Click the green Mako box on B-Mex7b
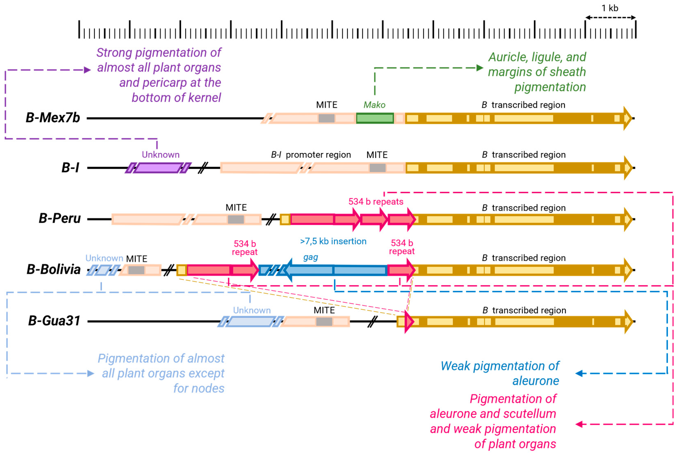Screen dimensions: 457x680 [375, 118]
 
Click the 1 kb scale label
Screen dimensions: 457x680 [610, 8]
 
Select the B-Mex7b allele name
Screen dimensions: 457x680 [53, 118]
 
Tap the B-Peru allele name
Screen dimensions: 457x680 [60, 218]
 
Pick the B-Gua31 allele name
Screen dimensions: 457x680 [54, 321]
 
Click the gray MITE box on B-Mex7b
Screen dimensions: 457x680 [327, 118]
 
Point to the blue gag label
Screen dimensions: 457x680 [310, 257]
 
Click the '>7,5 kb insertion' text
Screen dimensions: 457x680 [333, 241]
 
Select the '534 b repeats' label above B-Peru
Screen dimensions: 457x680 [376, 202]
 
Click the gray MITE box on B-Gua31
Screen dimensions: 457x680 [324, 322]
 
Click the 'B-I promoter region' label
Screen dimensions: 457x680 [311, 155]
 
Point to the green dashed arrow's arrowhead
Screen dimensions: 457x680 [480, 68]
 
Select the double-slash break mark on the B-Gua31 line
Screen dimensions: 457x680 [372, 322]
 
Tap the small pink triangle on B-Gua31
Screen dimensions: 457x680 [409, 322]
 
